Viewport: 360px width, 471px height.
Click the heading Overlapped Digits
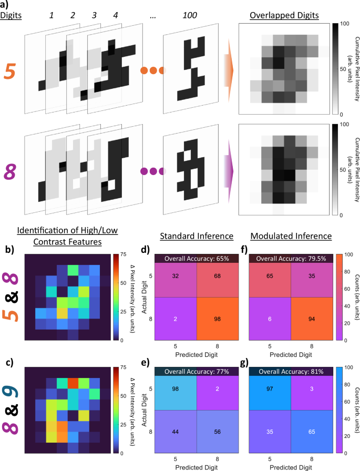tap(285, 15)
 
